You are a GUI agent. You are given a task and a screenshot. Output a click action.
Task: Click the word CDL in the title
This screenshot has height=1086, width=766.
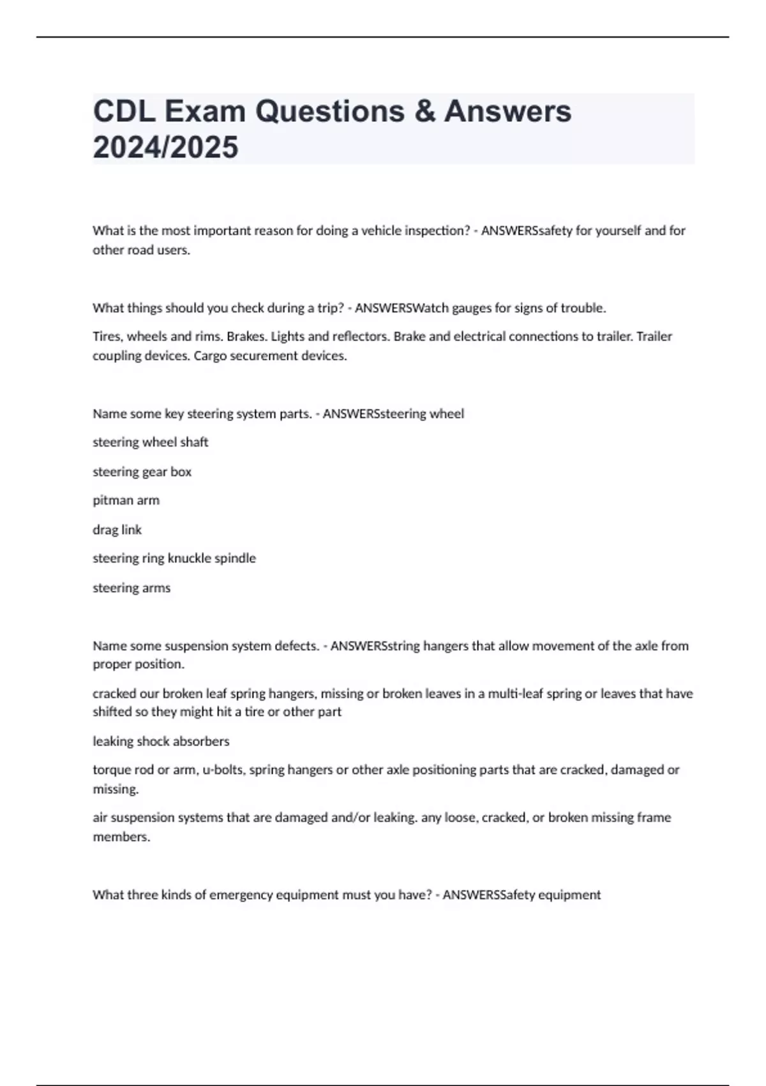coord(124,111)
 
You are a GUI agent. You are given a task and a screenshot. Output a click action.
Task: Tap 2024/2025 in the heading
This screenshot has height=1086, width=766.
coord(165,147)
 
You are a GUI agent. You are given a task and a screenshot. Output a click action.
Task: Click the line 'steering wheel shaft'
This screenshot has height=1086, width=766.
coord(151,442)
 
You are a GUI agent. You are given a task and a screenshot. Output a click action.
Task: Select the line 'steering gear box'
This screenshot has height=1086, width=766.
coord(142,471)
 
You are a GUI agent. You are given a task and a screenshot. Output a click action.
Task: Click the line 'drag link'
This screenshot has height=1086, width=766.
coord(117,530)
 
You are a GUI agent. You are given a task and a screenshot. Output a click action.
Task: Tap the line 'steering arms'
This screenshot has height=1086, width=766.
coord(131,588)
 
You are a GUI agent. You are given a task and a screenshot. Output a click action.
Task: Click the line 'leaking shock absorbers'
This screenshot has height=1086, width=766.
coord(161,741)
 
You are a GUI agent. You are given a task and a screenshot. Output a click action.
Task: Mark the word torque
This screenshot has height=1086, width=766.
coord(112,770)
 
